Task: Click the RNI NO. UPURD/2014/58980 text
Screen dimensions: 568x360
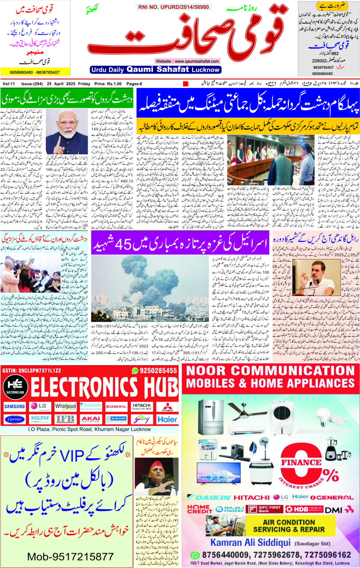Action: coord(173,7)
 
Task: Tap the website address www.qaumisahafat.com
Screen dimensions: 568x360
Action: coord(187,61)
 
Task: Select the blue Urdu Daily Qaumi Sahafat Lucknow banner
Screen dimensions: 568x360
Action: coord(155,70)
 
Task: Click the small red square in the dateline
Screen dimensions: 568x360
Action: coord(186,84)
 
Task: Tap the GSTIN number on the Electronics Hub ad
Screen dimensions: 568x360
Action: coord(31,370)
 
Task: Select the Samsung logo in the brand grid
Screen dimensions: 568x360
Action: coord(14,406)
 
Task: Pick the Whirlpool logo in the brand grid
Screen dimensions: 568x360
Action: coord(66,406)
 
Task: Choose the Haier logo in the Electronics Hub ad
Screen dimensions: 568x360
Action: coord(167,419)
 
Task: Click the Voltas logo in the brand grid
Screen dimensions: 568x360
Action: coord(40,419)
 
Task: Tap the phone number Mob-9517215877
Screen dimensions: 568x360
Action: coord(70,557)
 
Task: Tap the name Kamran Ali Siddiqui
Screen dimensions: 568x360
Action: coord(250,542)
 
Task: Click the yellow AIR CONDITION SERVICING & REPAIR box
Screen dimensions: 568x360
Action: coord(289,526)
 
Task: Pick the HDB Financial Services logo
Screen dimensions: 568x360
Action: coord(304,509)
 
